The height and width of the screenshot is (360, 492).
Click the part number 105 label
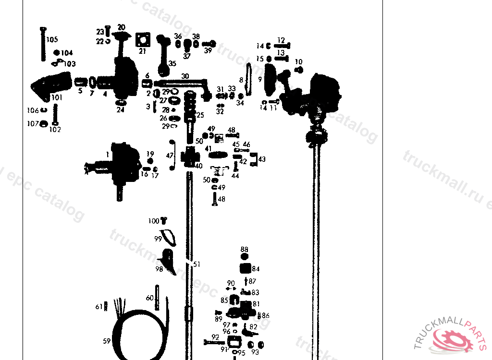coord(52,39)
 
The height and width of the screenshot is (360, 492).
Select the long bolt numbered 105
coord(43,44)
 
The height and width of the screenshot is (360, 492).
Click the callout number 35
coord(172,63)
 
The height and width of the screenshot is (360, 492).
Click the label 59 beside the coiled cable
coord(107,341)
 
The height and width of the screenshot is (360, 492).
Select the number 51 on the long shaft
coord(196,264)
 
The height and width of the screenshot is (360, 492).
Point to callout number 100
coord(154,221)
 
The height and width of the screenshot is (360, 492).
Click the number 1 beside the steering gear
coord(108,155)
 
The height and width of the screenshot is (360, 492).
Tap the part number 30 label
coord(185,76)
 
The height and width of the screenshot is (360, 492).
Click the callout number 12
coord(281,40)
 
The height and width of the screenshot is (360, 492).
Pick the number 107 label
coord(33,124)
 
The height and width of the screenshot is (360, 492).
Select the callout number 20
coord(121,27)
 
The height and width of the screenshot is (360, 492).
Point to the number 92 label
coord(215,337)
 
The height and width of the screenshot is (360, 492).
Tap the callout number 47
coord(169,156)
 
